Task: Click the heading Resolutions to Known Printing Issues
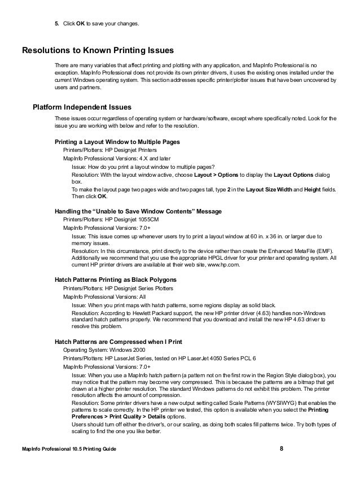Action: pos(97,50)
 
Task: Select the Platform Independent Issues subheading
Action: pos(82,107)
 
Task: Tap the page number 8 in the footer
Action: pos(282,448)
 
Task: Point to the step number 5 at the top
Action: pos(56,24)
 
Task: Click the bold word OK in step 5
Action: pos(81,24)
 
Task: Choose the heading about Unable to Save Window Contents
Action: pos(138,211)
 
